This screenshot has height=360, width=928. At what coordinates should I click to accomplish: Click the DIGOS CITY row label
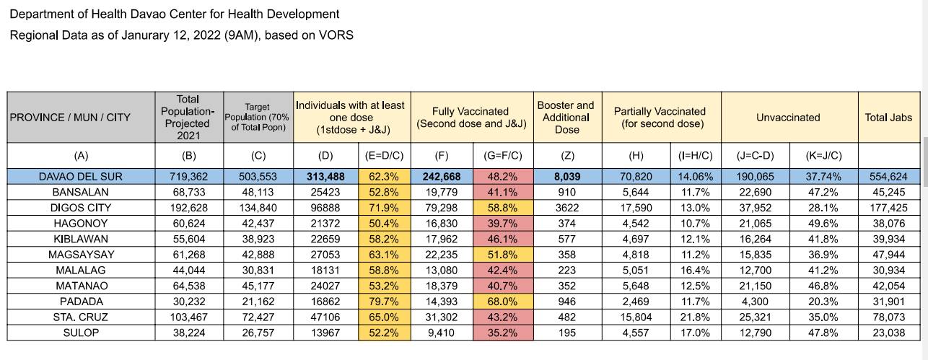(x=81, y=208)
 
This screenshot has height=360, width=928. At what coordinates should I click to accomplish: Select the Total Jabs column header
(x=888, y=118)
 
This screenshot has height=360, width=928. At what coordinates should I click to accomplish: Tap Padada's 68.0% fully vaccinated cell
(x=502, y=301)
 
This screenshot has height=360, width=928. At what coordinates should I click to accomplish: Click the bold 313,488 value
(x=325, y=177)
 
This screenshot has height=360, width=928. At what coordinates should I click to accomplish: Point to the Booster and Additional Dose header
(x=566, y=118)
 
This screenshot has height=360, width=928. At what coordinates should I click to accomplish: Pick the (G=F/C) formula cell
(x=502, y=155)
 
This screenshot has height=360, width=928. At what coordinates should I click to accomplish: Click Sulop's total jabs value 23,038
(x=888, y=333)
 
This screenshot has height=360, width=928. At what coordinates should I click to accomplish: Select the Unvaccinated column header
(x=788, y=118)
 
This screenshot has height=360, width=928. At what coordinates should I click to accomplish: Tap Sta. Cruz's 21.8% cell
(x=695, y=317)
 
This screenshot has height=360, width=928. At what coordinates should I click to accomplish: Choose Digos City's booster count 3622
(x=566, y=208)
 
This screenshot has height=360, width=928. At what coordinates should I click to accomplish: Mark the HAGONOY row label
(x=81, y=224)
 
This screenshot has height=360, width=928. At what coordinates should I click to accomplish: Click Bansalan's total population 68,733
(x=188, y=192)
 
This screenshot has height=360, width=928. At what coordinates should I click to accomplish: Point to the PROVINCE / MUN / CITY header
(x=70, y=118)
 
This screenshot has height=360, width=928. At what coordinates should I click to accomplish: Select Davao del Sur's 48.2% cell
(x=502, y=177)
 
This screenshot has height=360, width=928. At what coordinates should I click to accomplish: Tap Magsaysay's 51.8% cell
(x=502, y=255)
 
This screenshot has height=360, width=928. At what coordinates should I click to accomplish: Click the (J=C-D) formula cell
(x=756, y=155)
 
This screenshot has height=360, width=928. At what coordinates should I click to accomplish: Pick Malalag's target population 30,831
(x=258, y=270)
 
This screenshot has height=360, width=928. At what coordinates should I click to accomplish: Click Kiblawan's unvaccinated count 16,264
(x=756, y=239)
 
